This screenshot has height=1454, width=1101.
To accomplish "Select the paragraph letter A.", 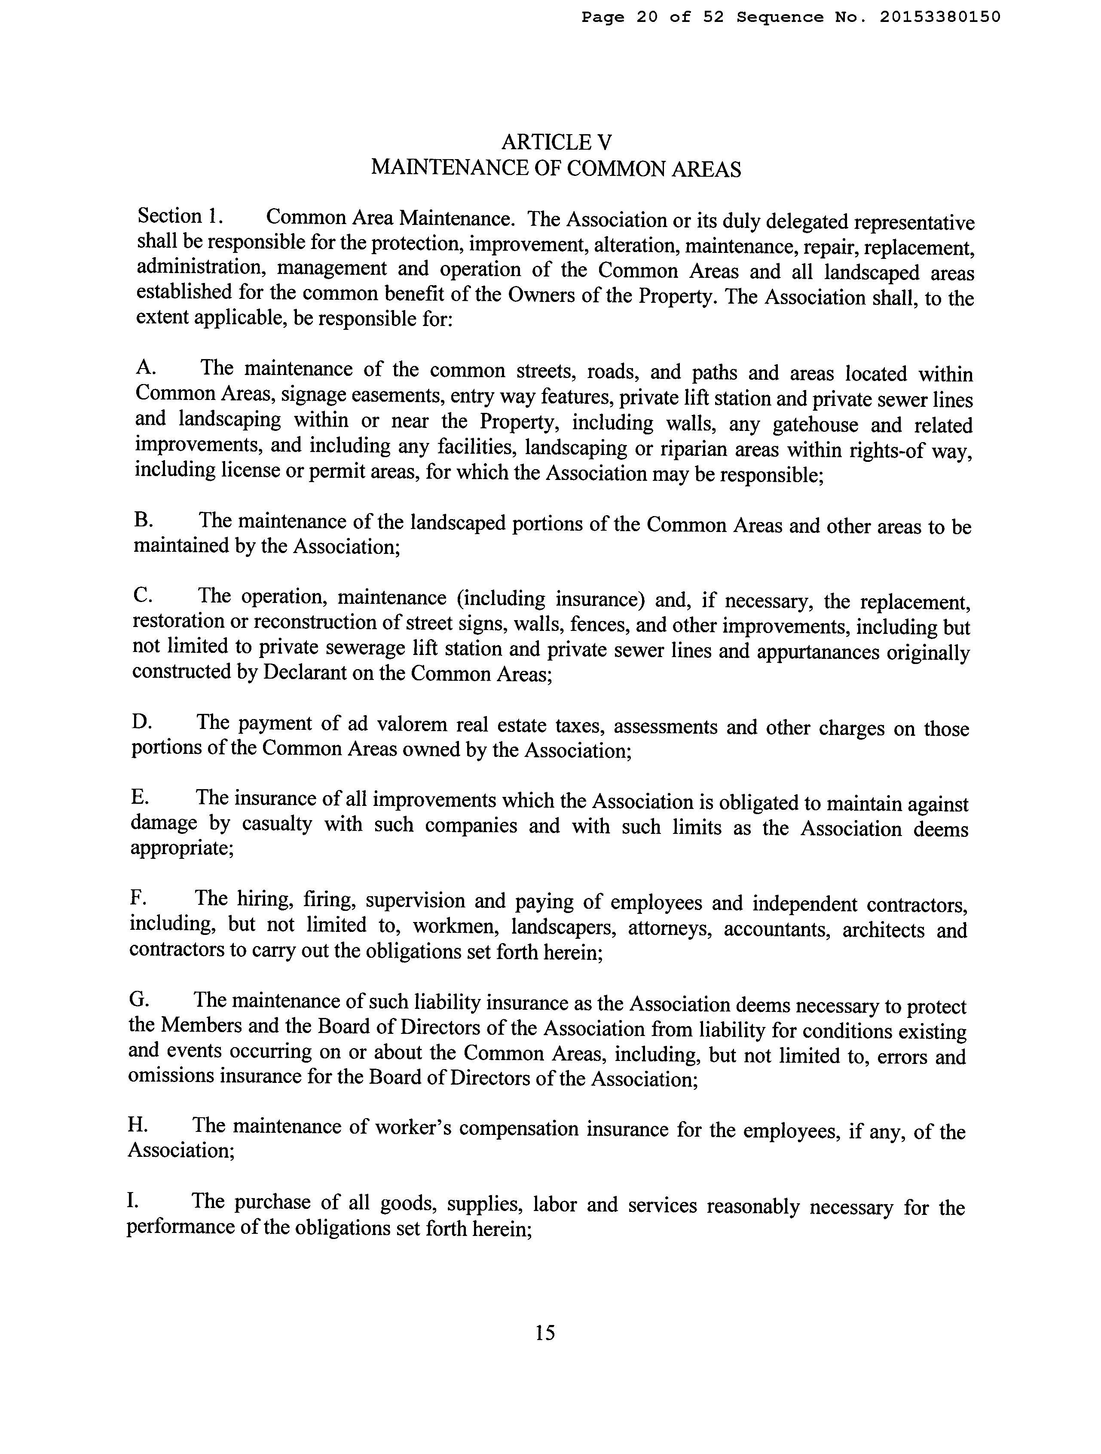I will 144,367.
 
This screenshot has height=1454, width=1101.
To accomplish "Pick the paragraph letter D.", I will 141,722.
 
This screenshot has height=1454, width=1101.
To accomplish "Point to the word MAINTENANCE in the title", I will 448,168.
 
